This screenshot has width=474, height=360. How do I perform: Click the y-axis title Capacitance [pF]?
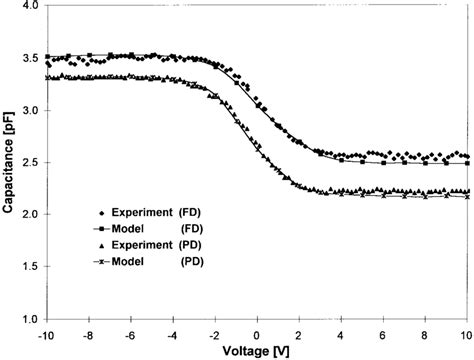tap(9, 160)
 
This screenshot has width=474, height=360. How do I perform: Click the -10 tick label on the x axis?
tap(45, 332)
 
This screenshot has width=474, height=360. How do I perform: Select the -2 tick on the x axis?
tap(214, 332)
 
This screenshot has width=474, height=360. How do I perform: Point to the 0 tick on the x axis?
tap(258, 332)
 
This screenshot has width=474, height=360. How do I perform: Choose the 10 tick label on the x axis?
tap(466, 332)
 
